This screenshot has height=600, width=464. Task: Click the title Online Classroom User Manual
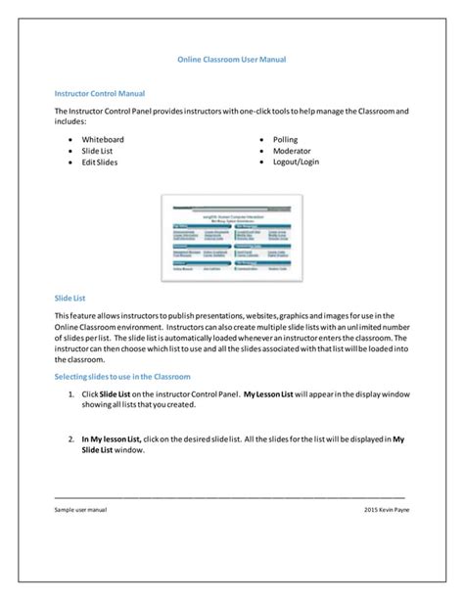[x=231, y=60]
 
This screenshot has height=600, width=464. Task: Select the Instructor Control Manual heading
[x=100, y=94]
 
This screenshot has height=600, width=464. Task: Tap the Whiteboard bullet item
[x=103, y=140]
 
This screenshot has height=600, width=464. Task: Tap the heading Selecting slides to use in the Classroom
[x=121, y=377]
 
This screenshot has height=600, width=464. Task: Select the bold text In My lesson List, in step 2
[x=112, y=439]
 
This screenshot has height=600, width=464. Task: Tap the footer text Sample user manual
[x=81, y=511]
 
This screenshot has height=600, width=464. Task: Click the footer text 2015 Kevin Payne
[x=384, y=511]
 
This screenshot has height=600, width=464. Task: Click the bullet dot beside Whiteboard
[x=71, y=140]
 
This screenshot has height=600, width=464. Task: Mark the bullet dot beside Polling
[x=261, y=140]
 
